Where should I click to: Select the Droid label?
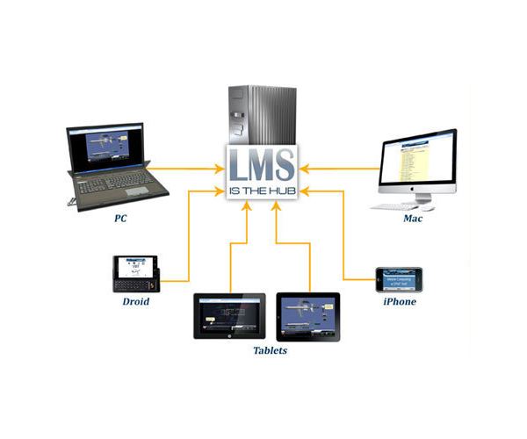pyautogui.click(x=135, y=301)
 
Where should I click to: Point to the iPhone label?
pyautogui.click(x=399, y=301)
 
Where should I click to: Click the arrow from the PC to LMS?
pyautogui.click(x=184, y=165)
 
